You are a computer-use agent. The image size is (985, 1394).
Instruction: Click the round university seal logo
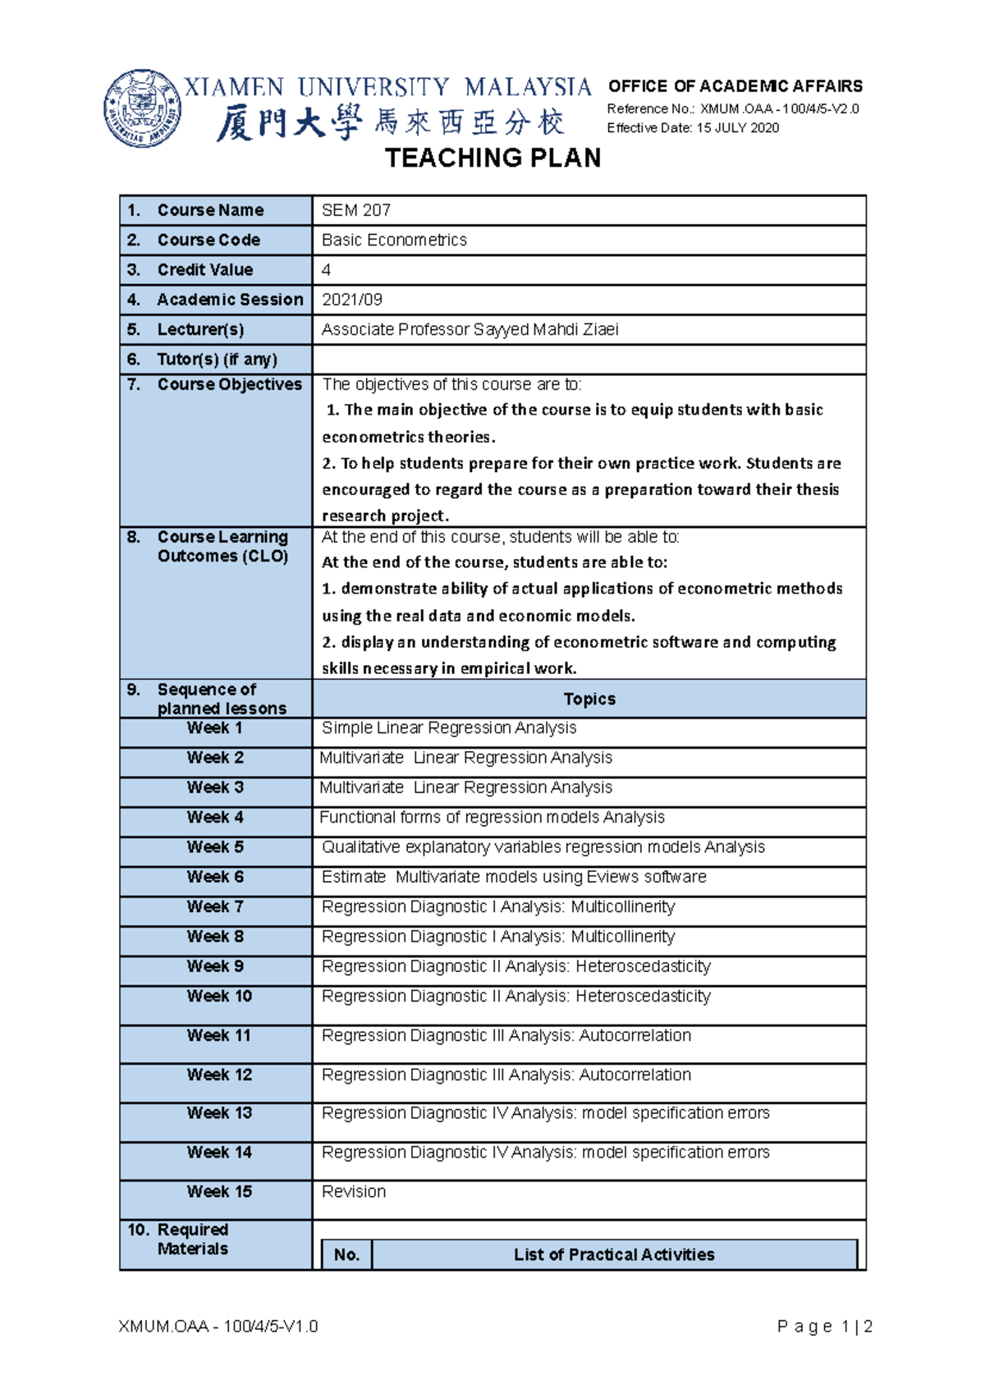point(142,108)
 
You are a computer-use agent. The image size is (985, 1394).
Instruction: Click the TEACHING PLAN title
point(492,158)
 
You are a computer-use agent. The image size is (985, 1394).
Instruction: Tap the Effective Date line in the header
point(692,128)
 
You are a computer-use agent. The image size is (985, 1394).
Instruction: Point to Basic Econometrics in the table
point(394,240)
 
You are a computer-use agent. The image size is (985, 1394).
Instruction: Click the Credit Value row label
point(204,270)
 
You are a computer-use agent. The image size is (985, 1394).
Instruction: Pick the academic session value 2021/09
point(352,300)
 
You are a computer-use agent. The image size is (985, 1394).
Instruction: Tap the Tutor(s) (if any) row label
point(217,360)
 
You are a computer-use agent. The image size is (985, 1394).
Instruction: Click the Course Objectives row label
point(229,384)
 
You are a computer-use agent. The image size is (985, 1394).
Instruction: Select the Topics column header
point(589,699)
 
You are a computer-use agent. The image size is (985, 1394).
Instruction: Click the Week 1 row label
point(214,728)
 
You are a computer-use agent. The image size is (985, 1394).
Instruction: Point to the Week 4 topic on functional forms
point(492,818)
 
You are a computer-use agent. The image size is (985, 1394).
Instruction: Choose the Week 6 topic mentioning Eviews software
point(514,877)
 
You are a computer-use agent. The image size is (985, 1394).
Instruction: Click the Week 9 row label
point(214,966)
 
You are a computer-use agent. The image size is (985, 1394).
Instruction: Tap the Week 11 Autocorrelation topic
point(506,1036)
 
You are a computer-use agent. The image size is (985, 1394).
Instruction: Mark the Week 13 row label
point(218,1113)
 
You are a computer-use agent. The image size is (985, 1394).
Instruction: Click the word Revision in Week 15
point(354,1192)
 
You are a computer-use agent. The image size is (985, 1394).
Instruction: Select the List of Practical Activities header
point(613,1254)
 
